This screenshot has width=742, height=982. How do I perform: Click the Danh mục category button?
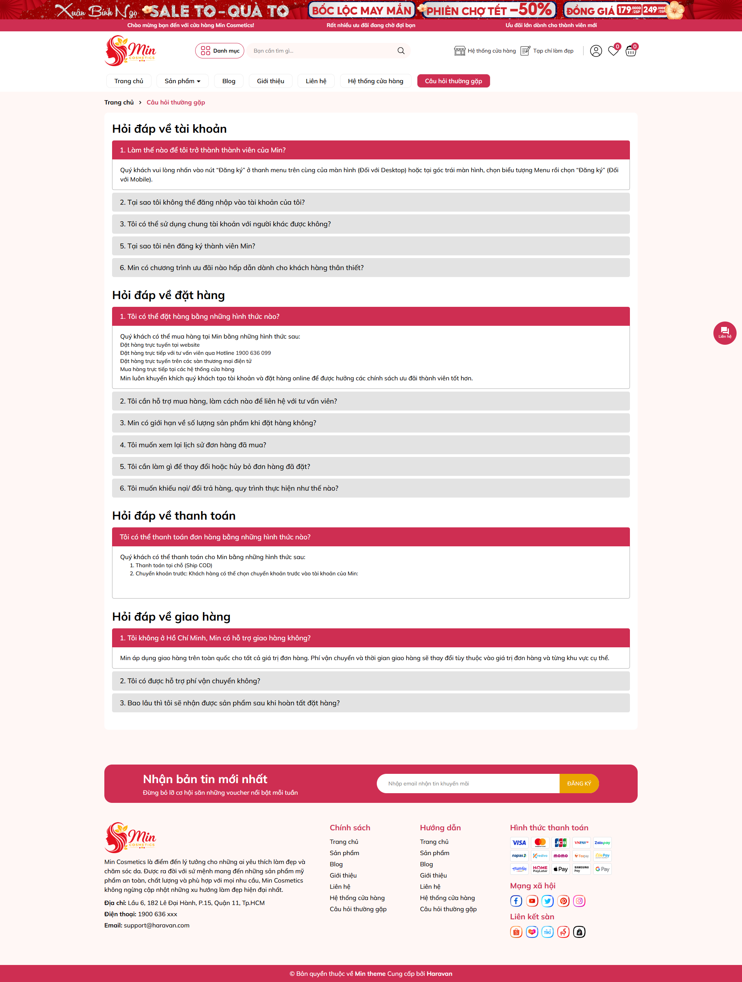[220, 51]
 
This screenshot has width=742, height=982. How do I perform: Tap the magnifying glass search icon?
[400, 51]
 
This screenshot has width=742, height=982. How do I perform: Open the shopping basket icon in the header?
[630, 51]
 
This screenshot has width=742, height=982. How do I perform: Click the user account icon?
[596, 51]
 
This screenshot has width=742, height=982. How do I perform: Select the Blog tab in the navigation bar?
[228, 81]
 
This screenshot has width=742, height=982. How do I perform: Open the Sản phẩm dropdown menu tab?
[182, 81]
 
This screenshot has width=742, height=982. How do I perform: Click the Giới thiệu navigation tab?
[270, 81]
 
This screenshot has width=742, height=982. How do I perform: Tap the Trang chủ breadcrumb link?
[119, 103]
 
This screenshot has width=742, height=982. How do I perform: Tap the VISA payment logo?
[519, 843]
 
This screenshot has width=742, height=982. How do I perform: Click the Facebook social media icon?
[516, 901]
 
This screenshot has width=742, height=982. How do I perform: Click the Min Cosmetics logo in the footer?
[130, 837]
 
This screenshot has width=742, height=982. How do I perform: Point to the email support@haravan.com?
[157, 925]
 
